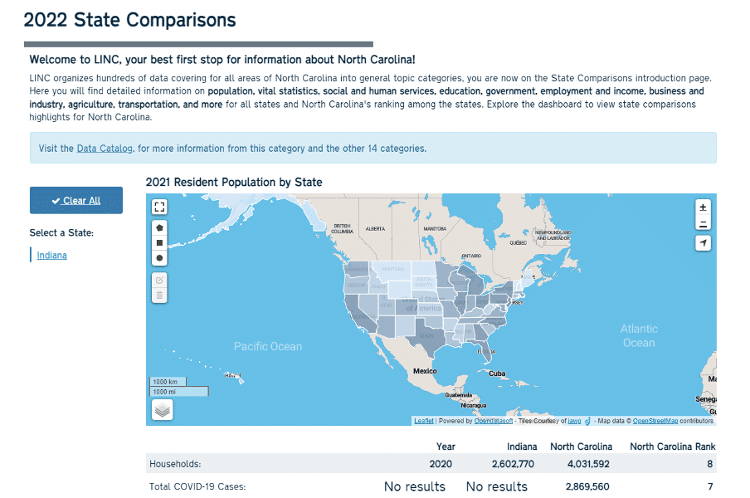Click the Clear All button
[75, 200]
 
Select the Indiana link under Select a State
[51, 256]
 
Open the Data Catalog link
[105, 149]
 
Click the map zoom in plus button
[704, 207]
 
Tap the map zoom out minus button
[704, 223]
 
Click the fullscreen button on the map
[160, 207]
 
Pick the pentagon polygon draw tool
[160, 227]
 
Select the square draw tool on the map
[160, 242]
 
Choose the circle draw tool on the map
[160, 258]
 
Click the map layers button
[163, 409]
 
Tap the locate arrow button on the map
[704, 243]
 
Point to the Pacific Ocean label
[268, 346]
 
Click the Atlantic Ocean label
[639, 335]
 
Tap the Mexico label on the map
[425, 370]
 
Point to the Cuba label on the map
[497, 373]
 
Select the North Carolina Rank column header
[672, 447]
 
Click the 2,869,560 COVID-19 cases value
[587, 487]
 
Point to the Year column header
[446, 447]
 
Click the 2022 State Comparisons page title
[129, 20]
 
